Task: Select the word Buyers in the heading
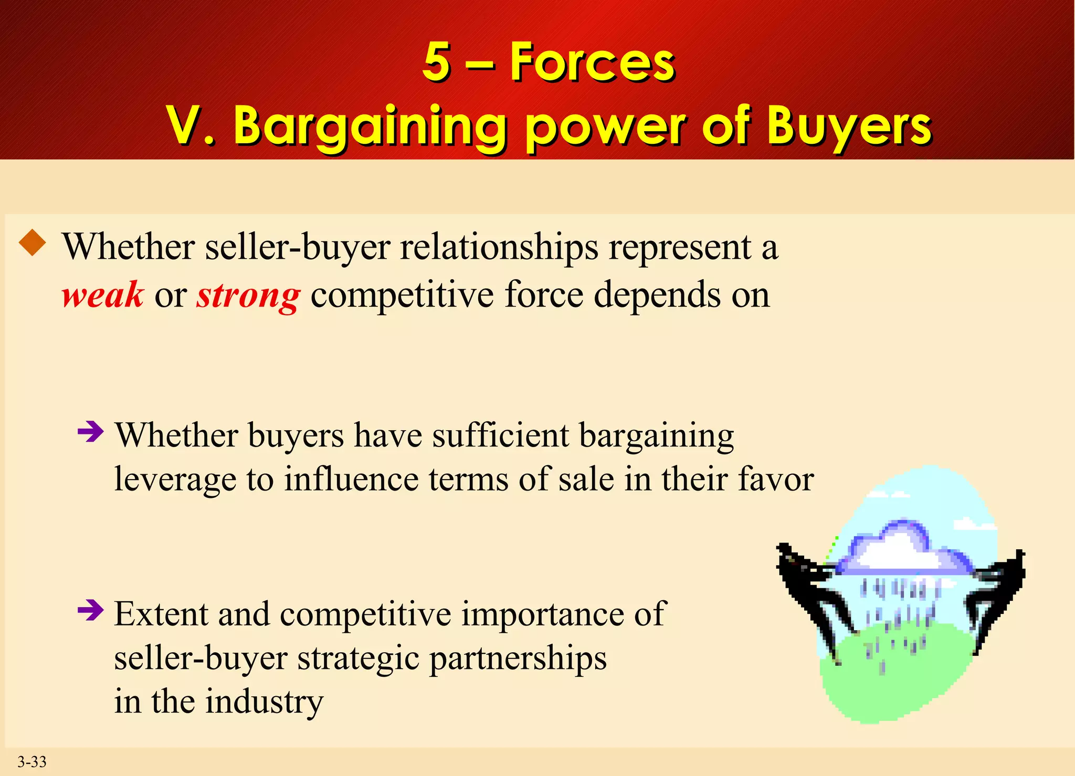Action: tap(849, 126)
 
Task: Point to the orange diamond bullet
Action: tap(33, 243)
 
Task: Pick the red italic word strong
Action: tap(248, 295)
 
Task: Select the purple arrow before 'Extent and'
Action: tap(90, 610)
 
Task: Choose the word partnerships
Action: tap(518, 658)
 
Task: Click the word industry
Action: tap(264, 702)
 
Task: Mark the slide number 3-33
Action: tap(32, 761)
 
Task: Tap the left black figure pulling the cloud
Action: tap(811, 593)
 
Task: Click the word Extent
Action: tap(161, 613)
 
